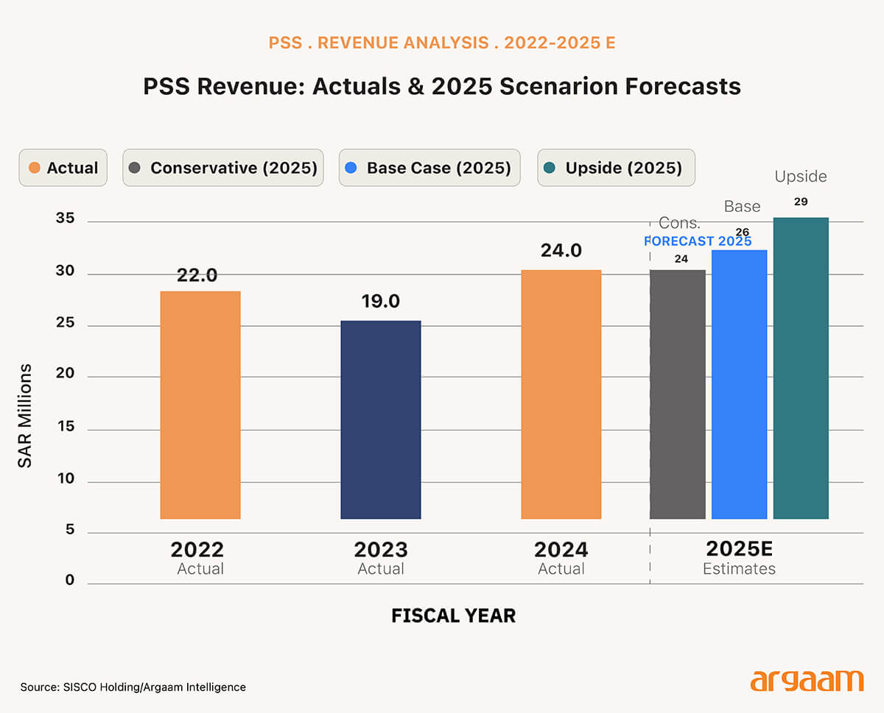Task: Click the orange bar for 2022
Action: click(200, 405)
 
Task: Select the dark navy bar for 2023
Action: click(381, 419)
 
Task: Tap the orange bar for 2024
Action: click(561, 394)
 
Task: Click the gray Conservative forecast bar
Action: click(678, 394)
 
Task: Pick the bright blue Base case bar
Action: click(739, 384)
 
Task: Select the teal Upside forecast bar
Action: click(801, 368)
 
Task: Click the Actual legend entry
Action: click(63, 168)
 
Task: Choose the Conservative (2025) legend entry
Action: click(222, 168)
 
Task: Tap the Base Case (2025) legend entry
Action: click(429, 168)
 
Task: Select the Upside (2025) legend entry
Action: click(615, 168)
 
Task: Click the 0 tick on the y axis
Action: click(70, 581)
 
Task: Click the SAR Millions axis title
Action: click(26, 416)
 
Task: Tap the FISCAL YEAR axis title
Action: click(453, 616)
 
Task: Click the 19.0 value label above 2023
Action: click(381, 302)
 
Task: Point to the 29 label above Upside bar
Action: click(801, 202)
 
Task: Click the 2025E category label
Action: click(739, 549)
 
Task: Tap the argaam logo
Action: click(807, 680)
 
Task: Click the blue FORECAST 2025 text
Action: click(698, 241)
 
